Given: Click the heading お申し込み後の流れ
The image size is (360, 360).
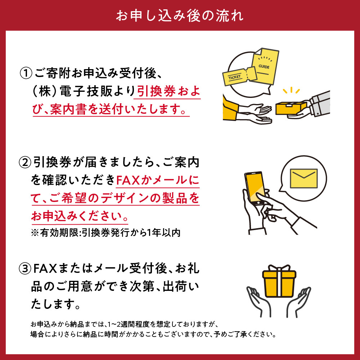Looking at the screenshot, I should (x=180, y=16).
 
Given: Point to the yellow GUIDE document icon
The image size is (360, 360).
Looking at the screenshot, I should (x=266, y=67).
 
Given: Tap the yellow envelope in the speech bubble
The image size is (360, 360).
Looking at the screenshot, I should (x=303, y=178).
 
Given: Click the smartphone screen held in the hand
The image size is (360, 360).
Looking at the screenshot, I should (x=256, y=187).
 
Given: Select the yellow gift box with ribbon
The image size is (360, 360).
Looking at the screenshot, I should (x=279, y=284).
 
